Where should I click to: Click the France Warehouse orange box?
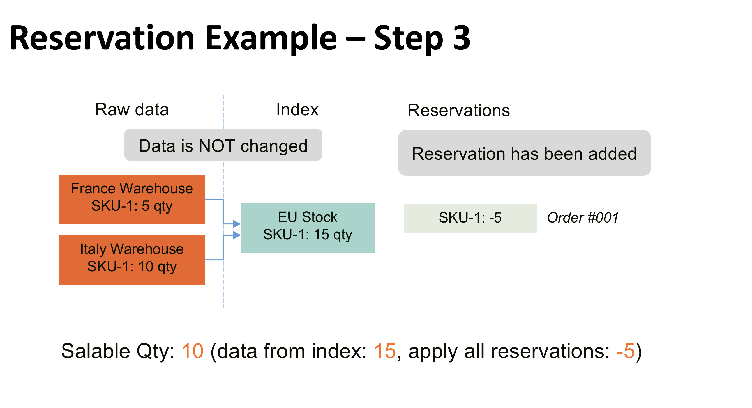coord(132,199)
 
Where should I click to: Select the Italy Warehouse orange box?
coord(132,260)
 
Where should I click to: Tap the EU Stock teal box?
coord(308,228)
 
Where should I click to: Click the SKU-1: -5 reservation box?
coord(470,218)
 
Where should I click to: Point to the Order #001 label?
coord(582,218)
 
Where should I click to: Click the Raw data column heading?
coord(132,110)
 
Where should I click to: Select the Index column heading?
coord(297,110)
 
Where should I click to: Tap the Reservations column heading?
coord(459,110)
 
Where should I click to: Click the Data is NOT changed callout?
coord(223,145)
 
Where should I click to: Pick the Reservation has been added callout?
coord(524,153)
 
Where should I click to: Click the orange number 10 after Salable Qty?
coord(192,351)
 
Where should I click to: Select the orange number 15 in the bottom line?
coord(385,351)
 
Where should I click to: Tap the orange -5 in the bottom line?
coord(625,351)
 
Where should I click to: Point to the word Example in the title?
coord(271,38)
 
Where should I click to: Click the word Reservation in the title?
coord(102,38)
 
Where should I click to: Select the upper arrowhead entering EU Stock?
coord(237,224)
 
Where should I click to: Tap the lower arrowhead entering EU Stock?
coord(237,235)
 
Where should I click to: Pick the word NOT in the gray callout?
coord(217,146)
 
